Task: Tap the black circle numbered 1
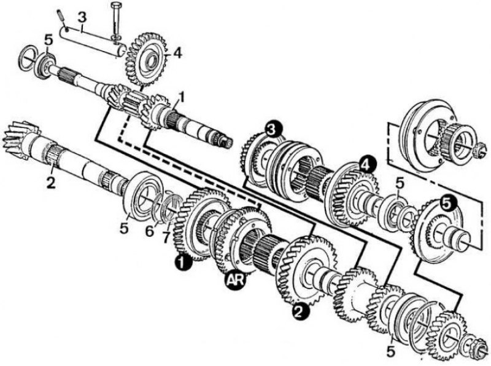point(182,262)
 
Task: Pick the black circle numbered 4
point(367,164)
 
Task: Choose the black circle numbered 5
point(448,204)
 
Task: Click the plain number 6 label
point(150,231)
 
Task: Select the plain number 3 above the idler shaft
point(82,18)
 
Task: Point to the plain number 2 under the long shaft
point(51,182)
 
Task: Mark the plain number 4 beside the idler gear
point(177,53)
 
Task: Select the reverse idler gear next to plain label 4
point(146,58)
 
